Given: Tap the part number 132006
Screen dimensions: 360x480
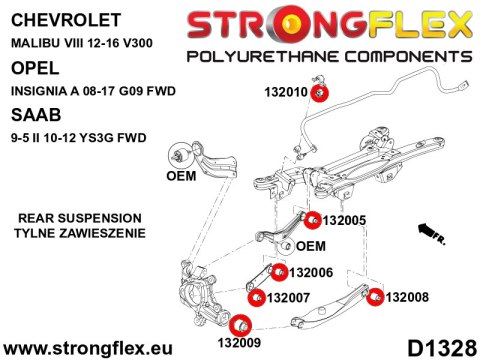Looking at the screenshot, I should [311, 272].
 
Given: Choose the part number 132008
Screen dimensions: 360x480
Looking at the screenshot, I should [407, 296].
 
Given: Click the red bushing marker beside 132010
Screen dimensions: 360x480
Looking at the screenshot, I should [320, 93].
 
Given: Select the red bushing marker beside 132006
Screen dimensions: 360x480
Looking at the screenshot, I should [279, 272].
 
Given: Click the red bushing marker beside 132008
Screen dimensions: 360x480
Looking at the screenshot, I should [375, 296].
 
